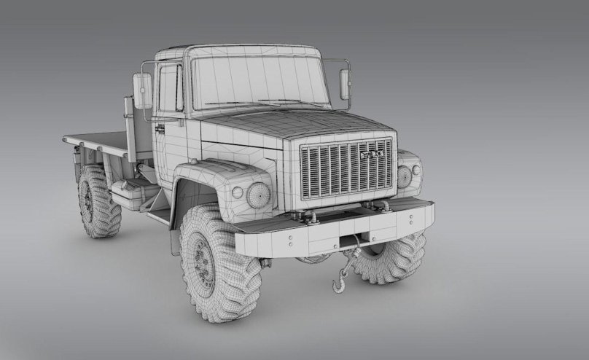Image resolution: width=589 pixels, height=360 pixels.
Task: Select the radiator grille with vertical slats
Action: coord(346,169)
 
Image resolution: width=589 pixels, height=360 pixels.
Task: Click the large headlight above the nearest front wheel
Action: coord(258,195)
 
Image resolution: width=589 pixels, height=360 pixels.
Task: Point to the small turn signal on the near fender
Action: coord(237,192)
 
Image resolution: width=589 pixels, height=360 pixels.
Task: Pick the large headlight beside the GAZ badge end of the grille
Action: coord(404,176)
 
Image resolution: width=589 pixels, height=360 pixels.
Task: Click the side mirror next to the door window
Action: coord(142,91)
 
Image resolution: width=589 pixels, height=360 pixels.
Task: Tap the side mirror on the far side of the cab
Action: coord(345,85)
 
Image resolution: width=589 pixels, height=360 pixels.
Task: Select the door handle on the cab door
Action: coord(160,129)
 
